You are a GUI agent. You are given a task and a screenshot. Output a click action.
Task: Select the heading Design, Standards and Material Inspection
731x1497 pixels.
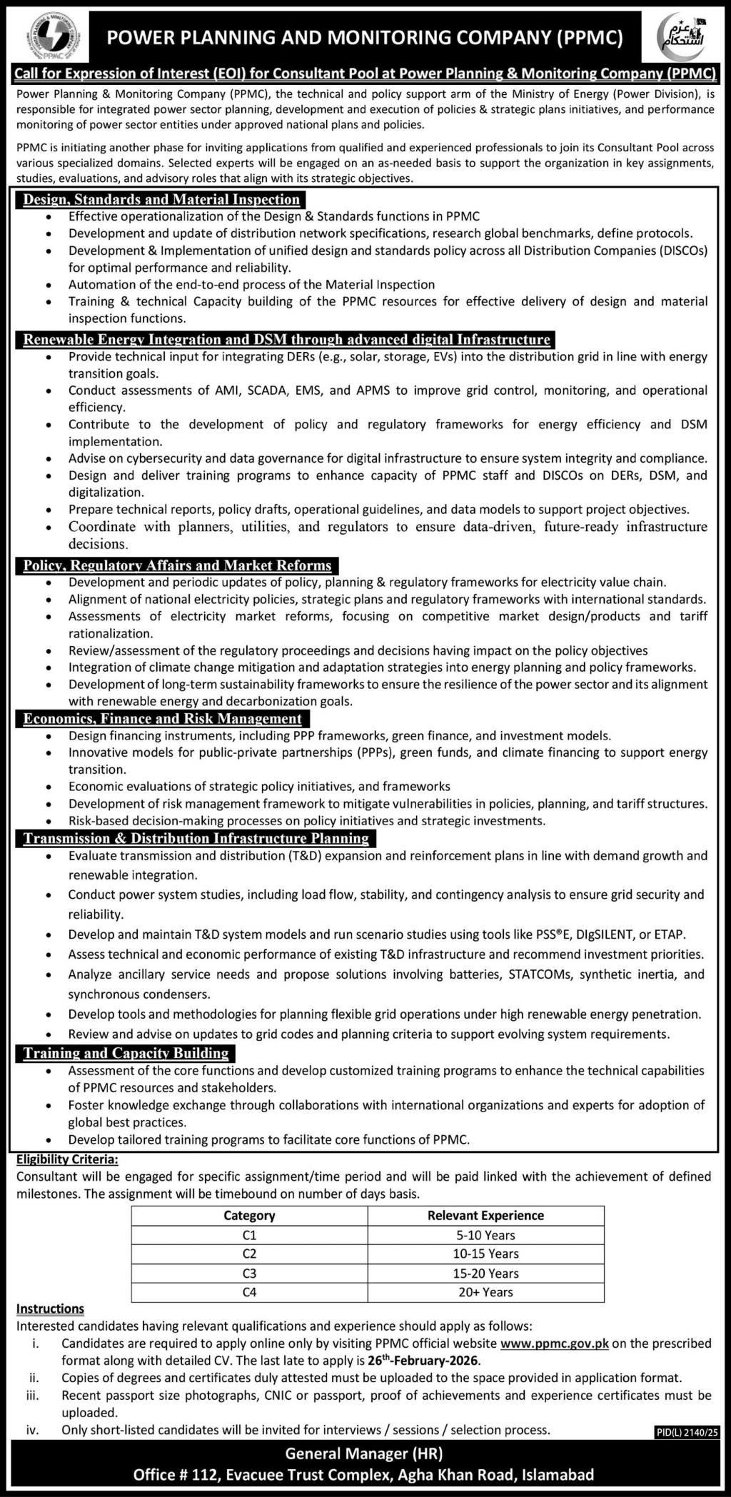161,199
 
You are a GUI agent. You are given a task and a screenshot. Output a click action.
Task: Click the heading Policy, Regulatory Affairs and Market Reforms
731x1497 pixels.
177,565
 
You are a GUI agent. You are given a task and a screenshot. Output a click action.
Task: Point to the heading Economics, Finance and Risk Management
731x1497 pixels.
162,718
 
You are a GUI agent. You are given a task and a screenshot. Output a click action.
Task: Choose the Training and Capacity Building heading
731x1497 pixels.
126,1053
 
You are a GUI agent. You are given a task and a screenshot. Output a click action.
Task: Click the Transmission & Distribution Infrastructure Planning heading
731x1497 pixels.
196,838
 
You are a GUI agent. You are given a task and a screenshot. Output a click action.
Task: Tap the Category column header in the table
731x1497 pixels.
249,1216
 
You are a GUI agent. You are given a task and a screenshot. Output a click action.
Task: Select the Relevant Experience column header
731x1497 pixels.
485,1216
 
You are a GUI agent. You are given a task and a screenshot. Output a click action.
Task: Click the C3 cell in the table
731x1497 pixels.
249,1273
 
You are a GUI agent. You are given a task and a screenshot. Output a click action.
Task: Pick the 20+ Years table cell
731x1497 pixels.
485,1292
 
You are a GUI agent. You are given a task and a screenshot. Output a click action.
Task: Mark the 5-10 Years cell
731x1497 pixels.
485,1235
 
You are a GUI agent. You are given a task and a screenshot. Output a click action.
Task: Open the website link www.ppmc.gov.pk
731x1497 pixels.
555,1344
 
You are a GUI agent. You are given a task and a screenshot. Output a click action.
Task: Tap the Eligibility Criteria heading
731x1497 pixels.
67,1160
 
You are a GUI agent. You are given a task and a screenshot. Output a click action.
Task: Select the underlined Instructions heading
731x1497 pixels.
50,1309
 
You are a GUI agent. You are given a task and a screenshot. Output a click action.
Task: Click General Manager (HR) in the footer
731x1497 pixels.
364,1453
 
